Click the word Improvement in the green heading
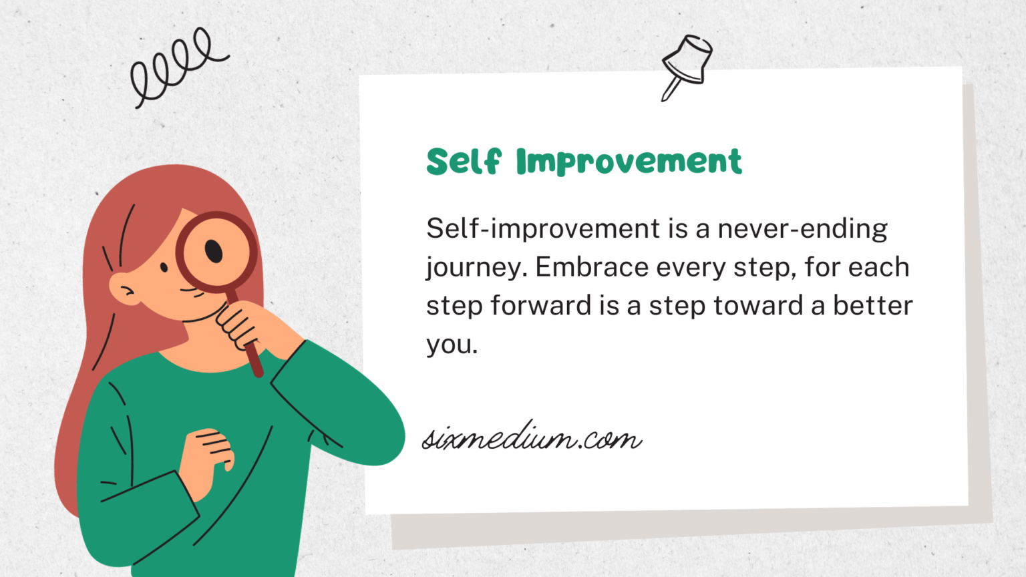pyautogui.click(x=629, y=162)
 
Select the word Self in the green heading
pyautogui.click(x=463, y=162)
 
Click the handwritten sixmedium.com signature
pyautogui.click(x=532, y=438)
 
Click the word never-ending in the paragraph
pyautogui.click(x=802, y=229)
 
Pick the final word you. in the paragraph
pyautogui.click(x=452, y=345)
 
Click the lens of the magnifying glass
pyautogui.click(x=216, y=252)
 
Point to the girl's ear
pyautogui.click(x=124, y=289)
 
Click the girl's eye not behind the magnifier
pyautogui.click(x=164, y=268)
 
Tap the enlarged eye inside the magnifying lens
pyautogui.click(x=214, y=251)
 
